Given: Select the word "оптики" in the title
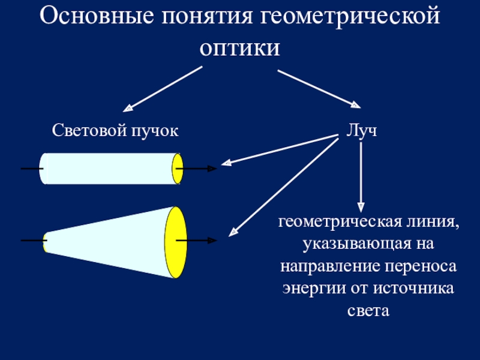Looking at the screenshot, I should coord(240,49).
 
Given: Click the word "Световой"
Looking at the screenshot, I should coord(86,130).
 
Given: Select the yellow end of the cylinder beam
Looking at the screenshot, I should coord(178,169).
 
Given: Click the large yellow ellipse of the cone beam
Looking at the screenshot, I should coord(176,242).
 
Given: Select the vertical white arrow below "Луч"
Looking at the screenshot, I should coord(361,177).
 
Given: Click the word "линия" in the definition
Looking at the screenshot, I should coord(430,224).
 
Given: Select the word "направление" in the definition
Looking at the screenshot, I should coord(329,266).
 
